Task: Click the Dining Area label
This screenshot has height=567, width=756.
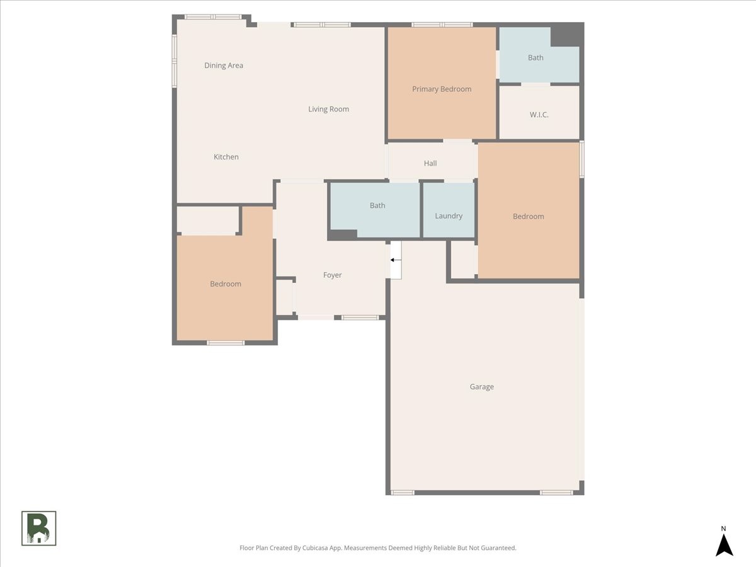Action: point(224,66)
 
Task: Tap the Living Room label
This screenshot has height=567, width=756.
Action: point(328,109)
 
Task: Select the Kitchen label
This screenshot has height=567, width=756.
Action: point(226,157)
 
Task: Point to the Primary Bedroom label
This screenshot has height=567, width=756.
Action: point(442,89)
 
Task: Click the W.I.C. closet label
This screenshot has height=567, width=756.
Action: point(539,115)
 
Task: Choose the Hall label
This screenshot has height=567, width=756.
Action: point(430,163)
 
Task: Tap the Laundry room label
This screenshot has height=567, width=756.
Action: point(449,216)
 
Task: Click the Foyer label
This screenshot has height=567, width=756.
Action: point(333,275)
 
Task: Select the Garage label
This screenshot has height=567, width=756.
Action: point(481,387)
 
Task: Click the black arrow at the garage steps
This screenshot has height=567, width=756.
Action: point(396,260)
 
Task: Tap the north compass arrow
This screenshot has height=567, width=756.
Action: point(724,544)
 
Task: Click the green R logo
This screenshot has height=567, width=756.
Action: point(39,528)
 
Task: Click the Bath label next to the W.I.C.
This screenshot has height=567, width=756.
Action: point(535,58)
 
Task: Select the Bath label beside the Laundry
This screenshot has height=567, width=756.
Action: point(377,205)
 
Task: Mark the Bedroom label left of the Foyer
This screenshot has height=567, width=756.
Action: point(226,284)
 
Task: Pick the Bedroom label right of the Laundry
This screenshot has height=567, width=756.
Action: point(528,217)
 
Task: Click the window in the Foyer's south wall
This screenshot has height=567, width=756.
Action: point(360,318)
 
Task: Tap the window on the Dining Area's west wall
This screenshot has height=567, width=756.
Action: point(175,59)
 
